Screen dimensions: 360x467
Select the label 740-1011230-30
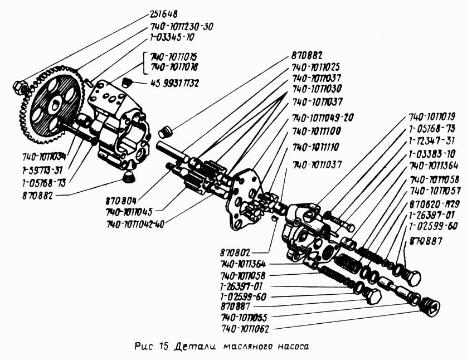click(x=181, y=26)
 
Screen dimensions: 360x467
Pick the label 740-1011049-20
click(x=323, y=118)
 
